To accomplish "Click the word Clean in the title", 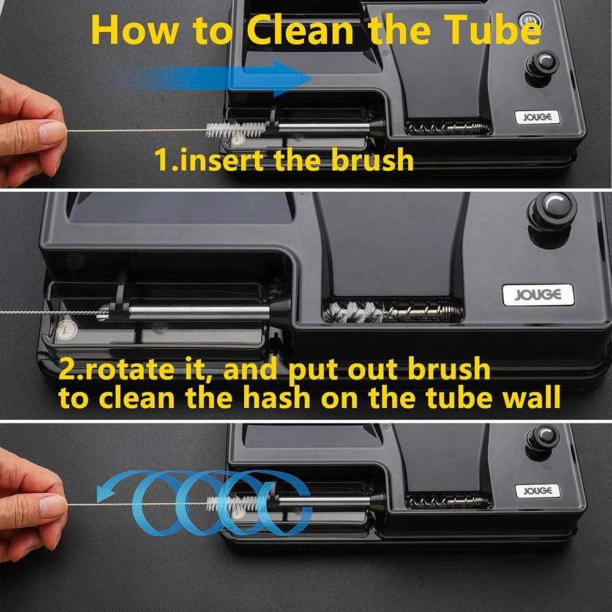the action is [x=300, y=31].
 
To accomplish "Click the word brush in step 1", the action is [x=372, y=159].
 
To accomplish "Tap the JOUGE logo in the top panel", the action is [x=537, y=117].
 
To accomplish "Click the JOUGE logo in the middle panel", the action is [x=538, y=295].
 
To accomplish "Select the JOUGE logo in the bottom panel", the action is [x=537, y=491].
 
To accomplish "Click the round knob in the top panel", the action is [x=542, y=66].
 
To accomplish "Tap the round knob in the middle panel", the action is [x=551, y=213].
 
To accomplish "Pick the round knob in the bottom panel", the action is [x=542, y=440].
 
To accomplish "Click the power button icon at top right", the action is [x=529, y=20].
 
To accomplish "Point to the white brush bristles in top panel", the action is [x=236, y=129].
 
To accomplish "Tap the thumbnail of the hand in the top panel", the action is [x=53, y=132].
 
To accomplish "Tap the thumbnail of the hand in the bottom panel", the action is [x=53, y=506].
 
